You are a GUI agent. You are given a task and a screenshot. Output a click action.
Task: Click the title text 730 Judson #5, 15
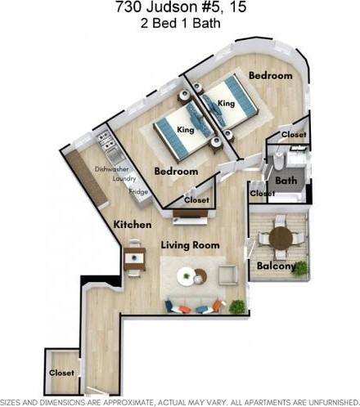[x=179, y=9]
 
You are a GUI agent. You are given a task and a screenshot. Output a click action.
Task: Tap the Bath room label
[x=286, y=180]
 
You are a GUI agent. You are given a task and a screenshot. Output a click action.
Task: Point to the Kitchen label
[x=133, y=224]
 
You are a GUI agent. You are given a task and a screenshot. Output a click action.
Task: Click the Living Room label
[x=190, y=244]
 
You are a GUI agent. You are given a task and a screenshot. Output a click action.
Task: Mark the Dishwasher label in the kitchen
[x=111, y=169]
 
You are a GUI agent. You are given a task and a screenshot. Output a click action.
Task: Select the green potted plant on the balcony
[x=301, y=266]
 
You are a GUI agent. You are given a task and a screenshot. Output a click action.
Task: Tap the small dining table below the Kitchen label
[x=133, y=261]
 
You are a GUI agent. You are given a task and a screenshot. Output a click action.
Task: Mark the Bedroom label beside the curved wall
[x=270, y=75]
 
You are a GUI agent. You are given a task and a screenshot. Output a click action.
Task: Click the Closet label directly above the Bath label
[x=293, y=134]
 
